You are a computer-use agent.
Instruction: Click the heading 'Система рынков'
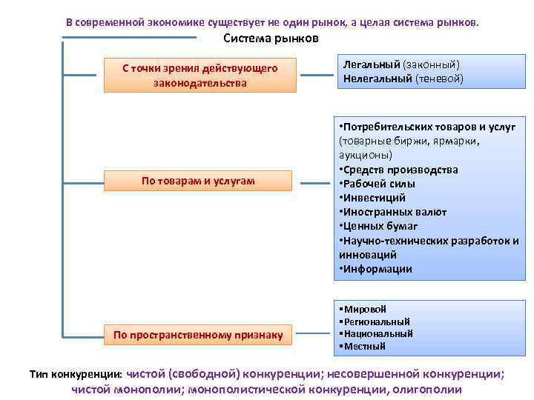[271, 39]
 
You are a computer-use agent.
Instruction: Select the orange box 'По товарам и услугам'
[199, 181]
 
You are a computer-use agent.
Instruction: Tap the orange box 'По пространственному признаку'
[199, 336]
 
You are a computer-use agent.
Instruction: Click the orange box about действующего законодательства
[200, 76]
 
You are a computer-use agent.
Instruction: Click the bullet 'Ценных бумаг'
[380, 226]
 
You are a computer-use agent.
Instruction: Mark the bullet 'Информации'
[378, 269]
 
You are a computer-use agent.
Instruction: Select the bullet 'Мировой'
[364, 309]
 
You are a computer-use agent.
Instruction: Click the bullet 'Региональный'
[375, 321]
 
